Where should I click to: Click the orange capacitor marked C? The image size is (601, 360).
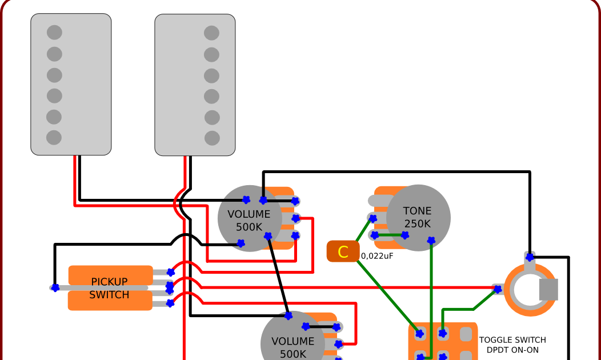(x=343, y=251)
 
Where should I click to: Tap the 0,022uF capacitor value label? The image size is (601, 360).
(x=377, y=256)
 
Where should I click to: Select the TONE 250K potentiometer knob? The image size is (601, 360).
(x=418, y=217)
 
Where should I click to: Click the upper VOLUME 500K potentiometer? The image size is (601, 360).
(x=249, y=218)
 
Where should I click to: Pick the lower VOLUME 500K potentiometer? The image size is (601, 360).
(x=292, y=343)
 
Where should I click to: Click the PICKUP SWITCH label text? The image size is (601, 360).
(x=110, y=289)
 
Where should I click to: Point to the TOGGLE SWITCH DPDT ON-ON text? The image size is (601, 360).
(x=512, y=345)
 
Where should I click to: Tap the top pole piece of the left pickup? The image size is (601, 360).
(x=54, y=33)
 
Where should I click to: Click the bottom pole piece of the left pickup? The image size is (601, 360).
(x=54, y=137)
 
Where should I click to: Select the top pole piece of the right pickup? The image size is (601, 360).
(x=212, y=33)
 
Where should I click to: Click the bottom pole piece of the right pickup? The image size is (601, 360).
(x=212, y=138)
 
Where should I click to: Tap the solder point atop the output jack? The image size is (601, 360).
(x=530, y=257)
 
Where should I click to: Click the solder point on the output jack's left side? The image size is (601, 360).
(x=497, y=290)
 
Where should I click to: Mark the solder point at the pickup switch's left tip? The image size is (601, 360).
(x=55, y=288)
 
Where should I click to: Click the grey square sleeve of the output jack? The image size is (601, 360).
(x=548, y=289)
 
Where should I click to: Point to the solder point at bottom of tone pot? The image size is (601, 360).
(x=431, y=242)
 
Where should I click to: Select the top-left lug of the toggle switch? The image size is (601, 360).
(x=420, y=333)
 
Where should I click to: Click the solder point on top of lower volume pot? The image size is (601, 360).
(x=289, y=315)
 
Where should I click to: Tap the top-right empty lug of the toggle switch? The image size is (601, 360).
(x=466, y=333)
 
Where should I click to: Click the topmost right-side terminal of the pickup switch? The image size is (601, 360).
(x=170, y=273)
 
